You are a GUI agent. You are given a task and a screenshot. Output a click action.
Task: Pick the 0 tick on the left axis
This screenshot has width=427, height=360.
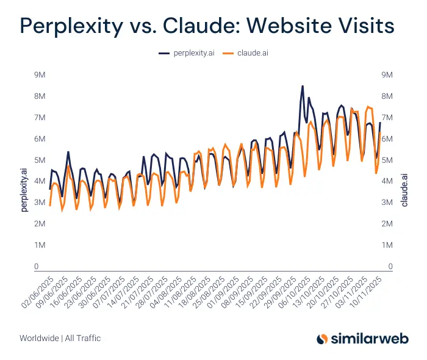pyautogui.click(x=37, y=267)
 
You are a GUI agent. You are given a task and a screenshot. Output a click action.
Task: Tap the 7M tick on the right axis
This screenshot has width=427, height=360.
pyautogui.click(x=387, y=118)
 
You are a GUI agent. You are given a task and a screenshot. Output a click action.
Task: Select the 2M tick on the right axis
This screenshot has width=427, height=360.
pyautogui.click(x=387, y=224)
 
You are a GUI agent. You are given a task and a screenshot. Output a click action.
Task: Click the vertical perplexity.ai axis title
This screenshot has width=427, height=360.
pyautogui.click(x=25, y=191)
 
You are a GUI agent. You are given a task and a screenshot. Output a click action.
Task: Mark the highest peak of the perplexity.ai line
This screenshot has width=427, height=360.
pyautogui.click(x=302, y=87)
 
